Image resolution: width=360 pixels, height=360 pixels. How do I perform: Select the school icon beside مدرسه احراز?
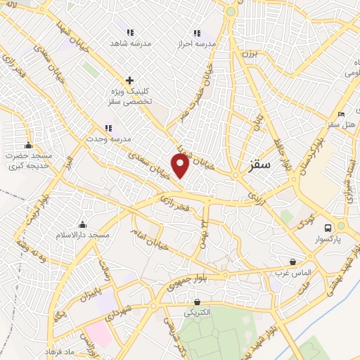196,32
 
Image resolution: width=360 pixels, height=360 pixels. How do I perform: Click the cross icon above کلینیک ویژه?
129,80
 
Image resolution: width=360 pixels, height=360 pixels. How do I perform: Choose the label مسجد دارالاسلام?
84,234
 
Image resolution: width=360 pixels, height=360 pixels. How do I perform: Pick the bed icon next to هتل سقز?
341,114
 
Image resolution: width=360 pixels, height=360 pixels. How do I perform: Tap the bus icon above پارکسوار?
328,227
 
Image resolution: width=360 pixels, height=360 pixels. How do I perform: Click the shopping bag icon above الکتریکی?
197,302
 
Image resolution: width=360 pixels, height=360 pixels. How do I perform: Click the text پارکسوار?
328,240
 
